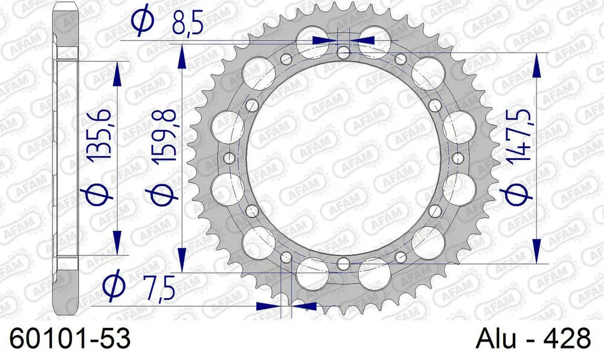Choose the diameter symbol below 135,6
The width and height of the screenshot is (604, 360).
click(100, 196)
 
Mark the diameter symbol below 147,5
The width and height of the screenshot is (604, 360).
click(518, 195)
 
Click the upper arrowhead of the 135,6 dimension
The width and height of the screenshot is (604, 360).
click(117, 76)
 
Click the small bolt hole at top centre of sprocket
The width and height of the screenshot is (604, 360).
click(343, 52)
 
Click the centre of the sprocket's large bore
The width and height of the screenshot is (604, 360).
click(343, 158)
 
